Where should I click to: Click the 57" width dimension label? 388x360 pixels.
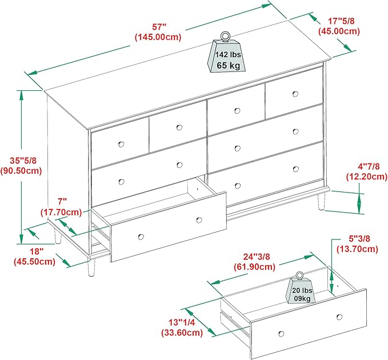(158, 26)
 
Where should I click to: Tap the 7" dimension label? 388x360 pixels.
(62, 201)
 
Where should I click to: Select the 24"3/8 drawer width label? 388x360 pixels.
(254, 256)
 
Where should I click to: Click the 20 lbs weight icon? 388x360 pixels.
(302, 291)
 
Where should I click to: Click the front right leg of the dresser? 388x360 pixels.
(321, 201)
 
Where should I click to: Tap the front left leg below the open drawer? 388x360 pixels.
(91, 266)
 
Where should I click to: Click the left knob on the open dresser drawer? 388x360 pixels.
(141, 237)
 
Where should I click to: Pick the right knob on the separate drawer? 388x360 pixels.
(339, 317)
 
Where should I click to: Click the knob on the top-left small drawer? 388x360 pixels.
(121, 143)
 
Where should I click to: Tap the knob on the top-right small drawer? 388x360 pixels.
(296, 93)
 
